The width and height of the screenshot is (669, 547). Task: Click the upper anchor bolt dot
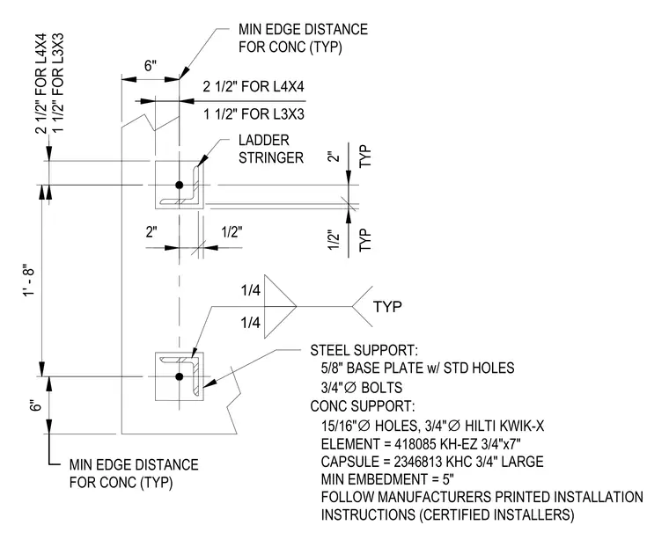pos(180,185)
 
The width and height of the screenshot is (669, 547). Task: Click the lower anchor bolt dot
pos(180,376)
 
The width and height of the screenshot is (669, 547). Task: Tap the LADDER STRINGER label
pos(270,149)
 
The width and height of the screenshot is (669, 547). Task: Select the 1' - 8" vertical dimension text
pos(30,282)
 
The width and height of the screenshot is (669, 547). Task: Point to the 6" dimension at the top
pos(151,66)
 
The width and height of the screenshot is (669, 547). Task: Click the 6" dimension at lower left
pos(37,405)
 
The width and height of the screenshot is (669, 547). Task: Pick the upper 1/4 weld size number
pos(251,290)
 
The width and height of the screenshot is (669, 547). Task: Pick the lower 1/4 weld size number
pos(251,323)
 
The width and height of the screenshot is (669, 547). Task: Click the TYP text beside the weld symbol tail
pos(387,307)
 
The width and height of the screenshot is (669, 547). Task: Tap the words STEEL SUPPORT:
pos(364,351)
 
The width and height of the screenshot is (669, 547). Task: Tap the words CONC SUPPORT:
pos(363,406)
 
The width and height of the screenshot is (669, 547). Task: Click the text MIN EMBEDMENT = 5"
pos(387,479)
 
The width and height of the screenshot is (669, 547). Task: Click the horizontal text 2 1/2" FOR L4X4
pos(254,87)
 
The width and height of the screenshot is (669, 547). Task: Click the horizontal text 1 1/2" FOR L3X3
pos(254,114)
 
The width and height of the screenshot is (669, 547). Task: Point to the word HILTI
pos(480,426)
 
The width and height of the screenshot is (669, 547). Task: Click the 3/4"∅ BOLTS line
pos(362,388)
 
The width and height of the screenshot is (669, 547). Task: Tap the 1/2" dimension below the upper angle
pos(232,232)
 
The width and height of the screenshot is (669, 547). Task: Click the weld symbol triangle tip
pos(297,307)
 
